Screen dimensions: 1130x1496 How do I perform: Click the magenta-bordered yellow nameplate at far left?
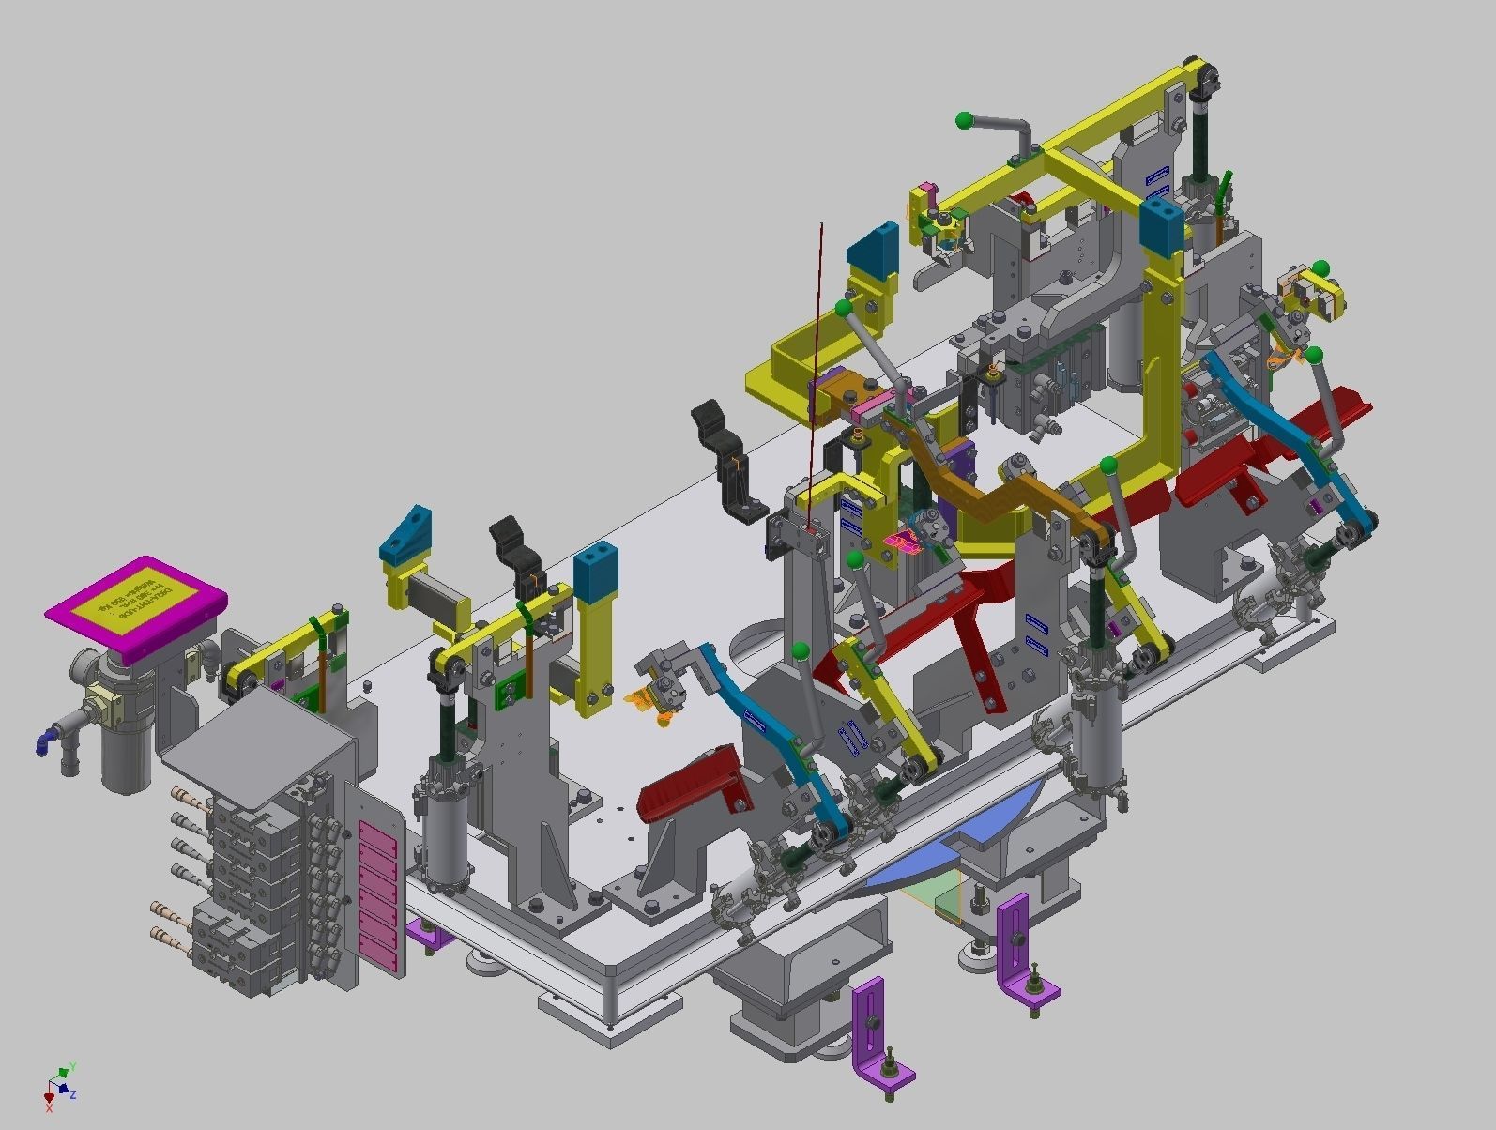(x=136, y=603)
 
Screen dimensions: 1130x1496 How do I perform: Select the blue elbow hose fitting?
(x=44, y=742)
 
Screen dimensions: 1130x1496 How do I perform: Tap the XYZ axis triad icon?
(x=58, y=1084)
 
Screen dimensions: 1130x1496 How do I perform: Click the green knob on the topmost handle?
(x=963, y=120)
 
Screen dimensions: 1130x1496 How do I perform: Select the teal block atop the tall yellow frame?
(x=1162, y=225)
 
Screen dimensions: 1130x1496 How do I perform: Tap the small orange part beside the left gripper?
(x=648, y=699)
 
